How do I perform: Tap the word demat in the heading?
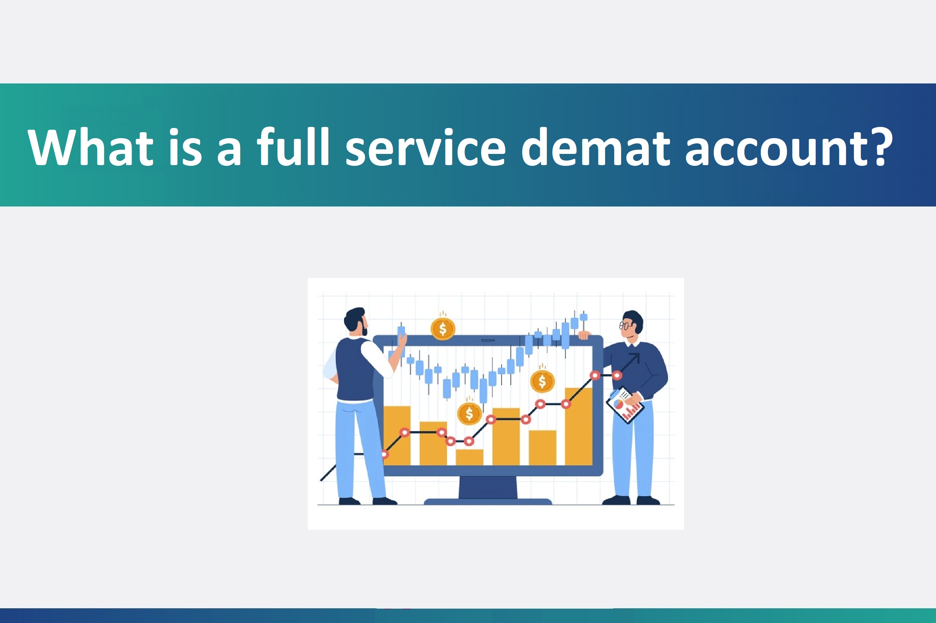(596, 147)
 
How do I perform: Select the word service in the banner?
(425, 147)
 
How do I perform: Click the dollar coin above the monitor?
(443, 329)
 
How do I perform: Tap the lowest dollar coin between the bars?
(469, 414)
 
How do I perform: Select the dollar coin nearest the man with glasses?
(542, 381)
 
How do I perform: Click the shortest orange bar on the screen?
(469, 457)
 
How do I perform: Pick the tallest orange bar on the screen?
(578, 426)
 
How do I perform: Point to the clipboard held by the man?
(624, 405)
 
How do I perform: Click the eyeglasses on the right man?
(625, 326)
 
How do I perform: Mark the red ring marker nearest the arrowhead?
(617, 375)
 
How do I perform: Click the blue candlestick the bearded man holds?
(401, 332)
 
